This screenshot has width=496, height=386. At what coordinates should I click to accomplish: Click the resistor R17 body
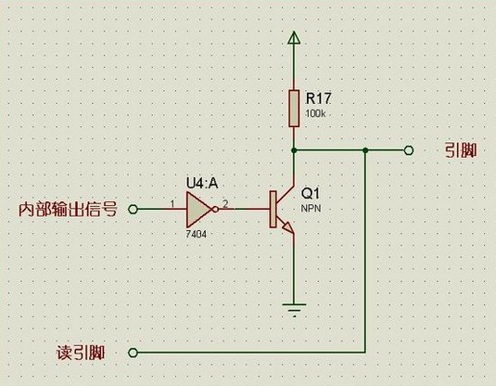pos(294,108)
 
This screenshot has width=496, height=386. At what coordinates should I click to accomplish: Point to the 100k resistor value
pos(315,112)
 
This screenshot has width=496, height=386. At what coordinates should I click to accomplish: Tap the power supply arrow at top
pos(294,38)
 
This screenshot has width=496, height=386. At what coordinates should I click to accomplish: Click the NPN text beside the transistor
pos(311,210)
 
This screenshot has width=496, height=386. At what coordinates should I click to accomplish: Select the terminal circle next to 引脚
pos(409,149)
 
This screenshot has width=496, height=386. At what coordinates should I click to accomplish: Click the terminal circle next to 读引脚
pos(132,353)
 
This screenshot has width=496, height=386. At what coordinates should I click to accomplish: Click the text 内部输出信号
pos(68,210)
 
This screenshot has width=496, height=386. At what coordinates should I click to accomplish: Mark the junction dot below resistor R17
pos(294,149)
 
